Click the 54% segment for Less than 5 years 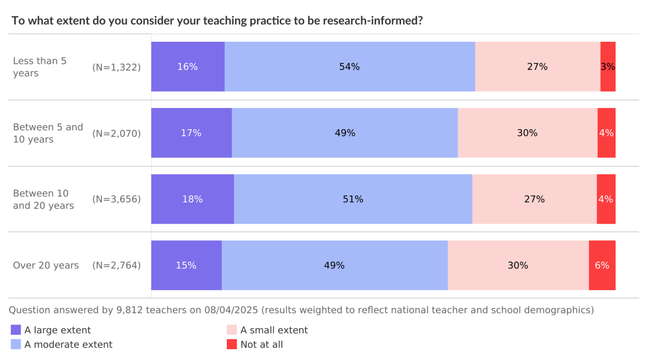click(x=350, y=67)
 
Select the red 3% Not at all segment click(x=607, y=67)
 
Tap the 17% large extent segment click(x=191, y=133)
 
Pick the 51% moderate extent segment click(x=353, y=199)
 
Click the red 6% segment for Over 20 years click(x=602, y=265)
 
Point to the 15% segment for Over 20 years click(x=186, y=265)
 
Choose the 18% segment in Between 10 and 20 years click(x=192, y=199)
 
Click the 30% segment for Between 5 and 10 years click(x=527, y=133)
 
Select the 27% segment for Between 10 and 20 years click(x=534, y=199)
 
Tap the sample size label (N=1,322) click(x=117, y=67)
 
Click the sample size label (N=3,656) click(x=117, y=199)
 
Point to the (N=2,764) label click(x=117, y=265)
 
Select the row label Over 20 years click(x=46, y=265)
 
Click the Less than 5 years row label click(x=40, y=67)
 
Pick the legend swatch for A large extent click(x=16, y=330)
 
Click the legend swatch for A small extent click(x=232, y=330)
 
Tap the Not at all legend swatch click(x=232, y=344)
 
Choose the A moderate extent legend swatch click(x=16, y=344)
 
